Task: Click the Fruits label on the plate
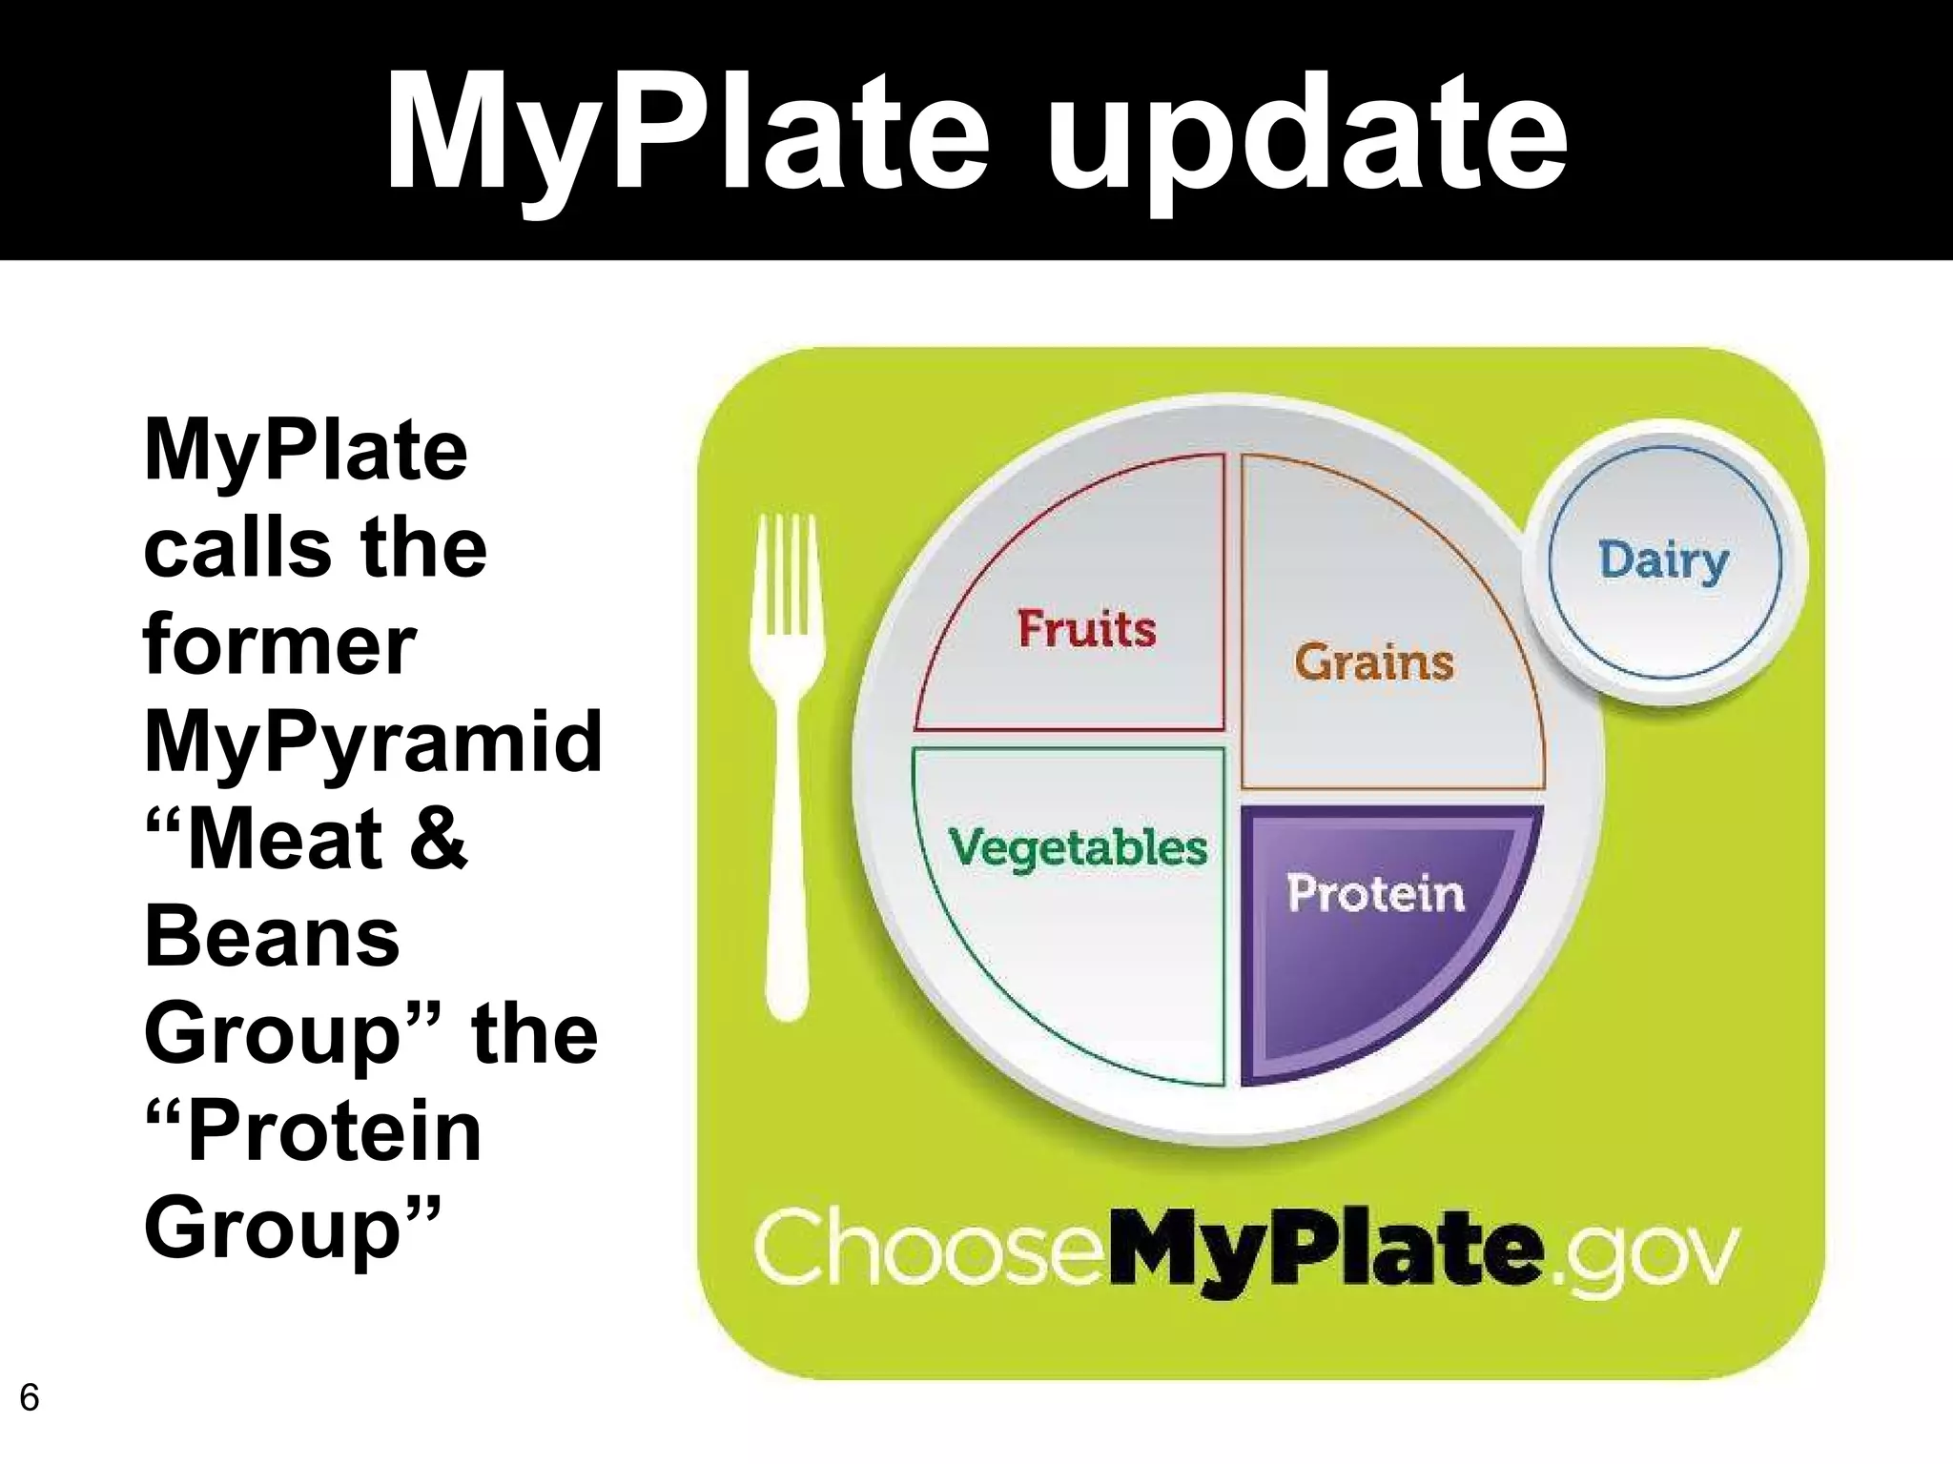(x=1086, y=629)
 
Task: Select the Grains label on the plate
(x=1374, y=662)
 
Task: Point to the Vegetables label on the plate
(x=1078, y=847)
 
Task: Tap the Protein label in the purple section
(x=1376, y=894)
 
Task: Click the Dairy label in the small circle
(x=1663, y=560)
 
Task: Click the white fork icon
(x=787, y=762)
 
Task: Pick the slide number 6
(x=30, y=1398)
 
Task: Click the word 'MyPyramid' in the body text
(x=373, y=742)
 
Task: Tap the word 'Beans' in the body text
(x=272, y=937)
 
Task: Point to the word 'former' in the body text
(x=279, y=644)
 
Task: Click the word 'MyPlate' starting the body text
(x=305, y=450)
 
